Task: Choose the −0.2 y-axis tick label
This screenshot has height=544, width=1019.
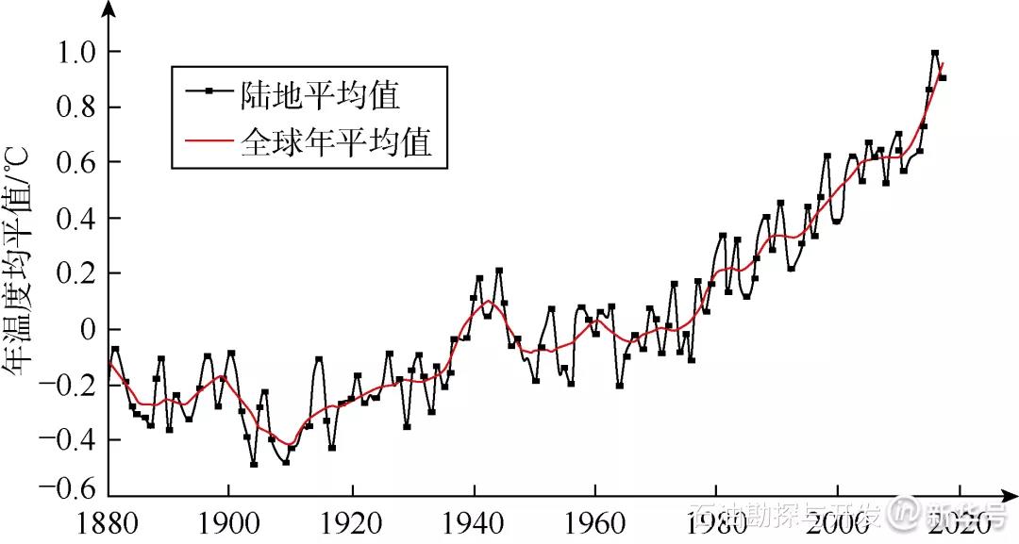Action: pyautogui.click(x=69, y=386)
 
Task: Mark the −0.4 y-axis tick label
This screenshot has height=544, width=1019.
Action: pyautogui.click(x=69, y=440)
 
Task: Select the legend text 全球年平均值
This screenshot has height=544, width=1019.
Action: pyautogui.click(x=337, y=143)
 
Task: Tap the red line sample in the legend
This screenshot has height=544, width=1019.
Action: pyautogui.click(x=209, y=144)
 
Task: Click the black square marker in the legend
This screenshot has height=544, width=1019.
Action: pyautogui.click(x=209, y=91)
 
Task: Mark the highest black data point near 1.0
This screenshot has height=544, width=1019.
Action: pyautogui.click(x=935, y=54)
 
